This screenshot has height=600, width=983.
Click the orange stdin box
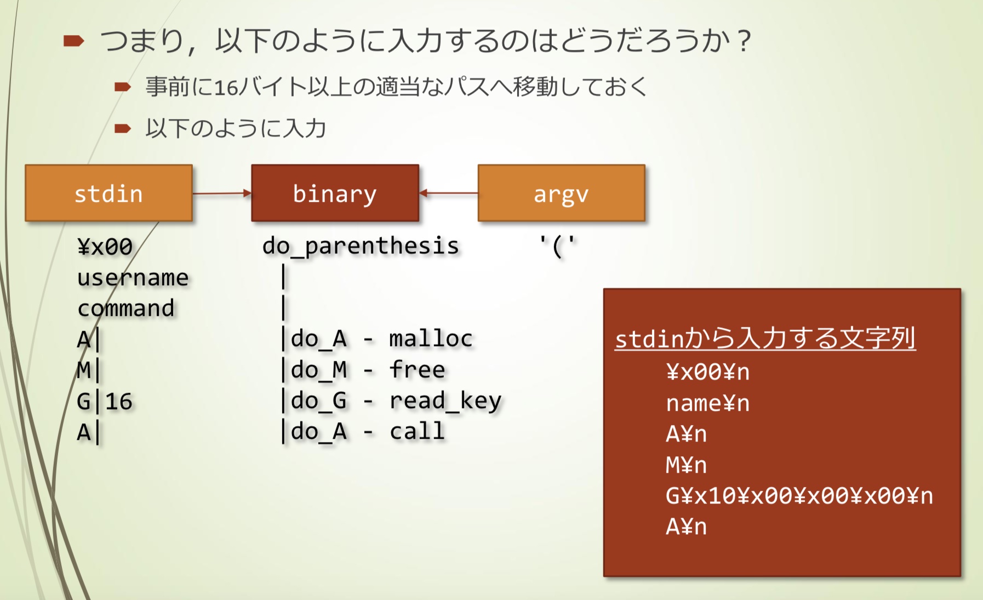[x=108, y=193]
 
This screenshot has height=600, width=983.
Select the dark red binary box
[x=335, y=193]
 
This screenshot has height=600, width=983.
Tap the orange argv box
[x=561, y=193]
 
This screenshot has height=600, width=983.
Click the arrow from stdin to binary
[x=221, y=193]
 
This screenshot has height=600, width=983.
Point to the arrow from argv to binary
[x=448, y=193]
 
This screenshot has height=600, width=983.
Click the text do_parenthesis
[x=361, y=246]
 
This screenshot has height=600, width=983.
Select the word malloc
[x=431, y=338]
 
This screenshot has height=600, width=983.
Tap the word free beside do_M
[x=417, y=370]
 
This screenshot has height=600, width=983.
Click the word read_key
[x=445, y=401]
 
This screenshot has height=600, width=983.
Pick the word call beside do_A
[x=417, y=432]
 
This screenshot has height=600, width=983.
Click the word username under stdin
[x=133, y=278]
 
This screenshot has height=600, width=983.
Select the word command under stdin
[x=126, y=308]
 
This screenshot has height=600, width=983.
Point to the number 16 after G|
[x=119, y=401]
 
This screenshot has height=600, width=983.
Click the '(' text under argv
[x=557, y=246]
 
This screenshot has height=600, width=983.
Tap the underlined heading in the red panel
[x=765, y=338]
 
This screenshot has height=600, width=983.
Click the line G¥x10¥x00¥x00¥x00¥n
[x=799, y=496]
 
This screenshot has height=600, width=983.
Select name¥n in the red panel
[x=707, y=404]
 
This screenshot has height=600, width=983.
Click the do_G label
[x=319, y=401]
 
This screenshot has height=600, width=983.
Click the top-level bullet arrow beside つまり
[x=73, y=41]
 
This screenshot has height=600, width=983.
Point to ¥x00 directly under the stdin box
[x=105, y=247]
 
